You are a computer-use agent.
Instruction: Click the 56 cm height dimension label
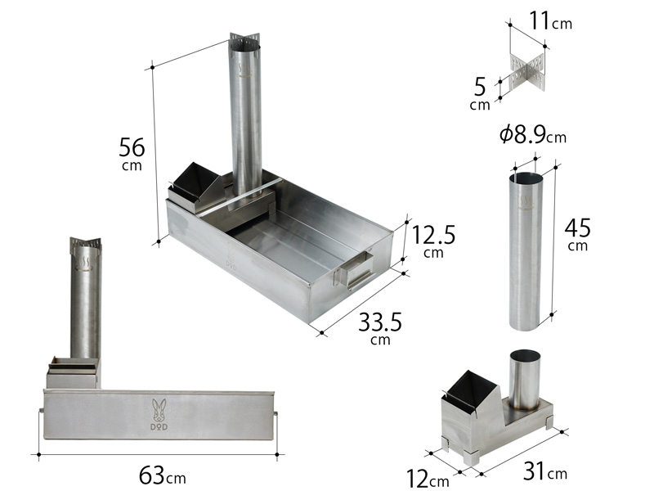click(x=132, y=154)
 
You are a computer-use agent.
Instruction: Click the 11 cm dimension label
click(x=550, y=20)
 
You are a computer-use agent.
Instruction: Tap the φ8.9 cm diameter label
click(x=533, y=135)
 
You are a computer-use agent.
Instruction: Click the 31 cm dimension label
click(x=545, y=471)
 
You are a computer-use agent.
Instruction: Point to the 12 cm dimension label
click(x=428, y=479)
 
